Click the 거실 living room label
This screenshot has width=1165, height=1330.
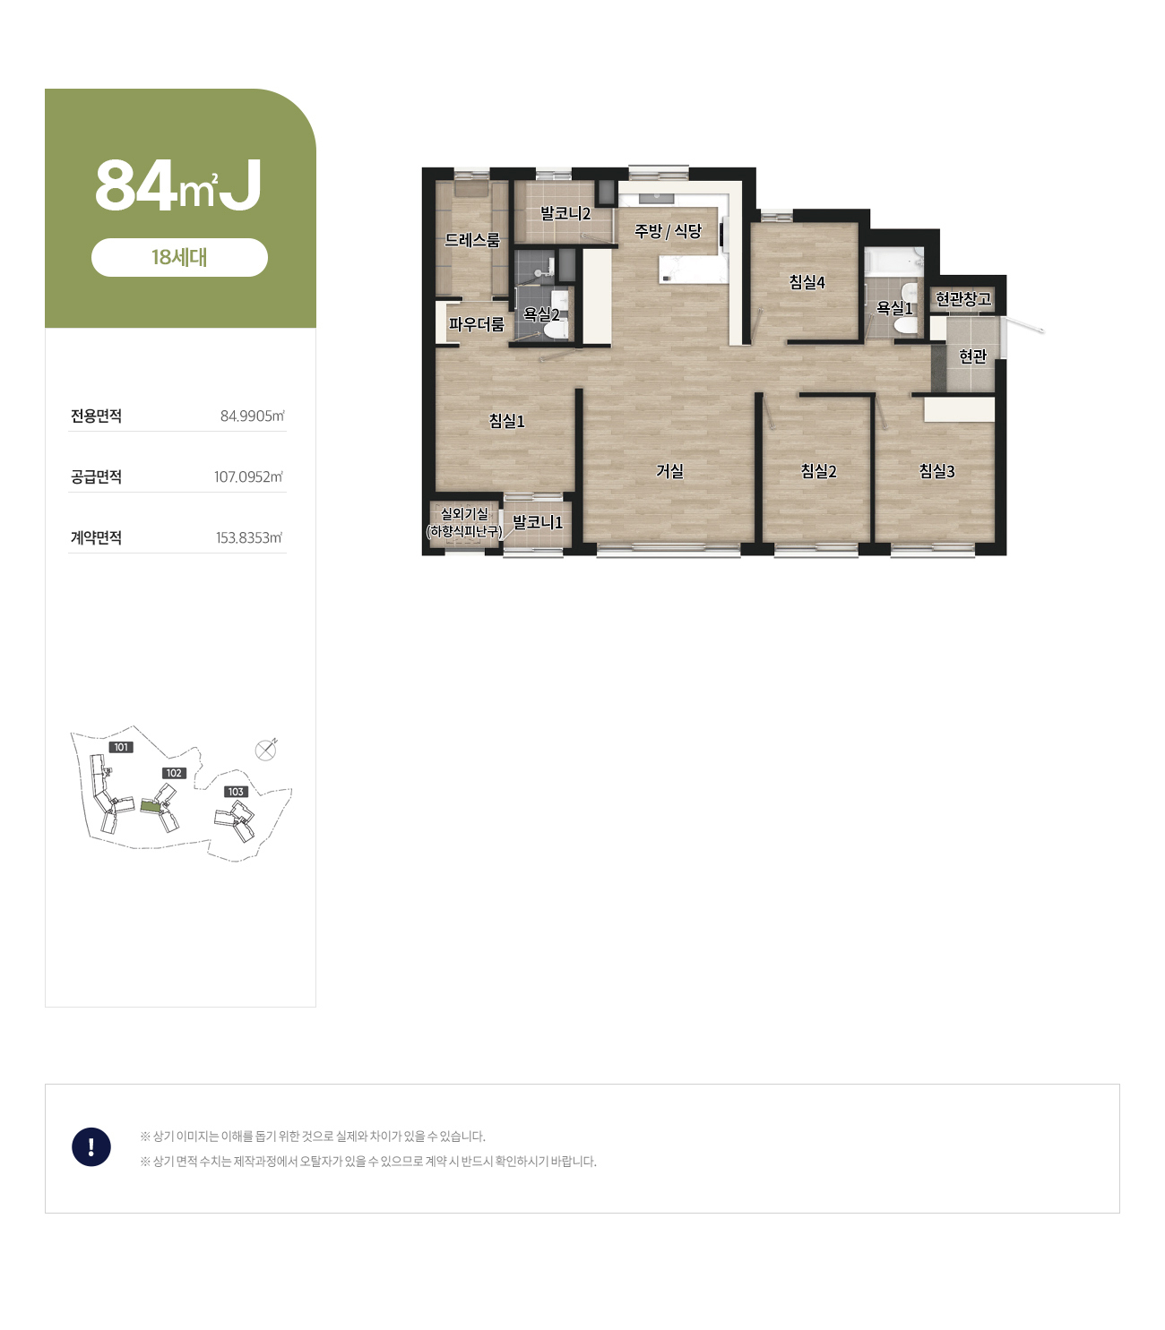coord(669,470)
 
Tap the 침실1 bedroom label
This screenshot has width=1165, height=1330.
coord(506,421)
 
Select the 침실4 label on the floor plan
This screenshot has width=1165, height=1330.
coord(807,282)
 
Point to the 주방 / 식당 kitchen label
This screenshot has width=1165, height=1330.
coord(668,231)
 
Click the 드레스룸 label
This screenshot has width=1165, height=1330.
coord(472,240)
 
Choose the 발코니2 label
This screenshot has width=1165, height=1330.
coord(565,213)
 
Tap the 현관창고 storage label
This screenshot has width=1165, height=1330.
coord(963,299)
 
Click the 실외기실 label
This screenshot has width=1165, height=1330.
coord(464,513)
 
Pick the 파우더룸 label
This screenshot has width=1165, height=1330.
coord(476,323)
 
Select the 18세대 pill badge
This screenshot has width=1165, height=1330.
coord(179,257)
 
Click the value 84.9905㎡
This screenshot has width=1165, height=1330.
coord(253,416)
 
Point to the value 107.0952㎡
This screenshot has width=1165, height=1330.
coord(249,477)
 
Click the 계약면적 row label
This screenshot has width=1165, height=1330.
coord(96,537)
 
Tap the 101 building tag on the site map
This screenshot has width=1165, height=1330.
coord(121,748)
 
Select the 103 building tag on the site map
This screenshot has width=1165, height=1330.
coord(236,792)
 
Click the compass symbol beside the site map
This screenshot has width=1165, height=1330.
coord(265,751)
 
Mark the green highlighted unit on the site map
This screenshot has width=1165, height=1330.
coord(151,806)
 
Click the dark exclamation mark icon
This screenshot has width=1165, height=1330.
coord(91,1146)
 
